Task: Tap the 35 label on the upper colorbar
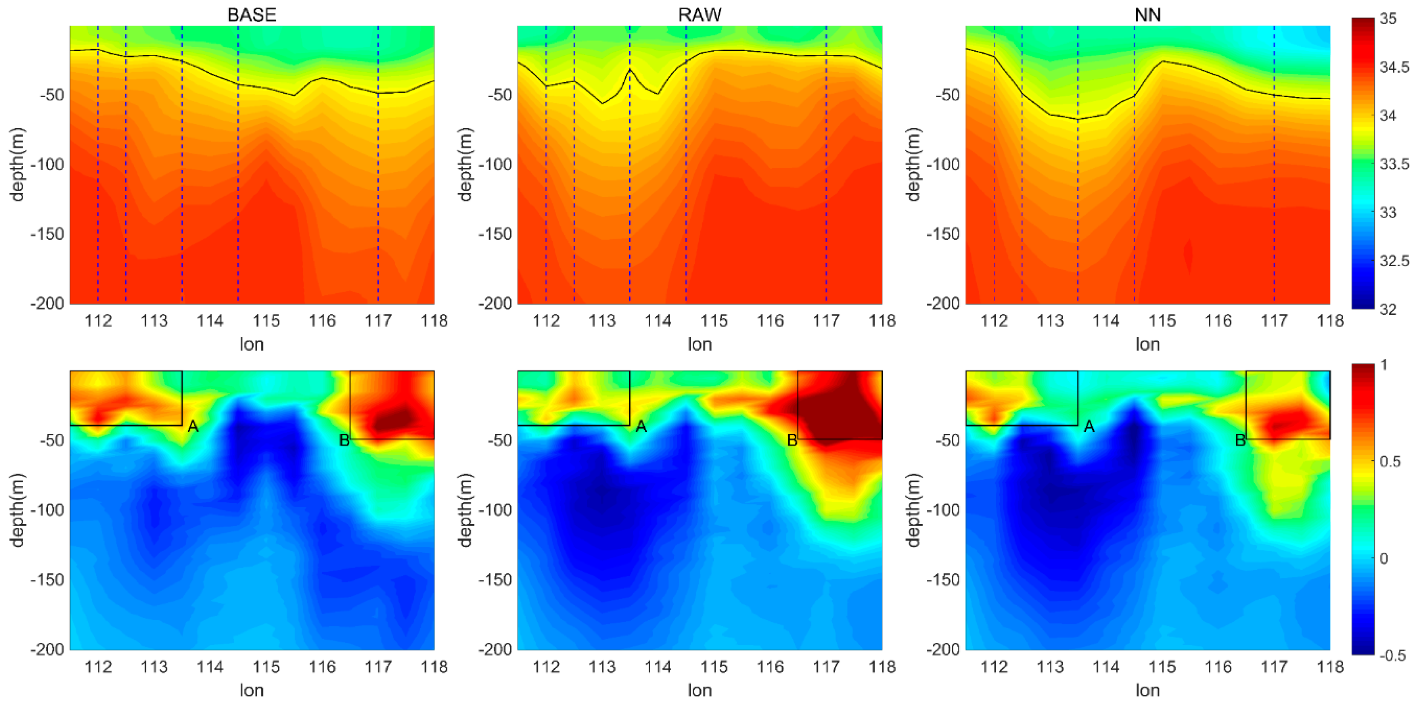pos(1388,19)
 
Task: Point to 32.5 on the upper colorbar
pos(1394,260)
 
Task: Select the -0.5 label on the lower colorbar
pos(1393,655)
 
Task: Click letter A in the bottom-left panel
pos(193,426)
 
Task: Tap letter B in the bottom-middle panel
pos(792,440)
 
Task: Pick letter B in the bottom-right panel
pos(1240,440)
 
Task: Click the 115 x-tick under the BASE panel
pos(266,320)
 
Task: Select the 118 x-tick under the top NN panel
pos(1330,320)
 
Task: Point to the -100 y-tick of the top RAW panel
pos(495,164)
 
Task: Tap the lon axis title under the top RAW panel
pos(700,344)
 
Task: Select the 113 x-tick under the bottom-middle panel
pos(602,667)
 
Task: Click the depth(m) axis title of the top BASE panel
pos(17,164)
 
